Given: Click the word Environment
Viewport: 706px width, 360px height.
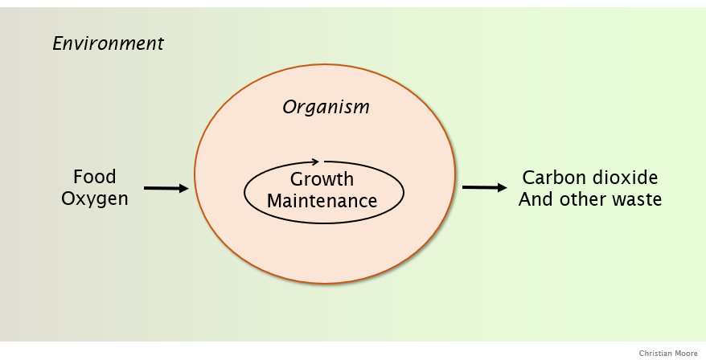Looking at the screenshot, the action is click(108, 43).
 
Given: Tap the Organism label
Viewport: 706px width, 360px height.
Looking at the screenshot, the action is click(326, 107).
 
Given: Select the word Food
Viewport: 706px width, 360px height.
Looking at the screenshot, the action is click(95, 177).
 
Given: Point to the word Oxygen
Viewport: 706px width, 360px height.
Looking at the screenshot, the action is click(95, 199).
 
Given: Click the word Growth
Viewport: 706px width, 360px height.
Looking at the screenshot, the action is click(322, 179).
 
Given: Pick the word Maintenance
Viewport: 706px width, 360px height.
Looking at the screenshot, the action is click(322, 201).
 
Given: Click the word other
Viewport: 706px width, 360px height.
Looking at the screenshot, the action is click(583, 199).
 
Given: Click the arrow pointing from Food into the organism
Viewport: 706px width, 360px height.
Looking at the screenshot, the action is click(166, 188).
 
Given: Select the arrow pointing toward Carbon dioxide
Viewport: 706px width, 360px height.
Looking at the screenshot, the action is click(485, 187).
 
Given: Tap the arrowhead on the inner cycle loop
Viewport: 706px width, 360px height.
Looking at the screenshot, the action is click(315, 162).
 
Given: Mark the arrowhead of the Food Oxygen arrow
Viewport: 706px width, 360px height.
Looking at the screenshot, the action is click(183, 188).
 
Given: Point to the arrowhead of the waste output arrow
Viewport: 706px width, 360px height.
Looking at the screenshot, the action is click(502, 187).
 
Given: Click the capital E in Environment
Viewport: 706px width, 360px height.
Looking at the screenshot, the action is click(58, 43).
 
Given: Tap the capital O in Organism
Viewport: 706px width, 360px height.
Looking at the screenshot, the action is click(289, 107).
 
